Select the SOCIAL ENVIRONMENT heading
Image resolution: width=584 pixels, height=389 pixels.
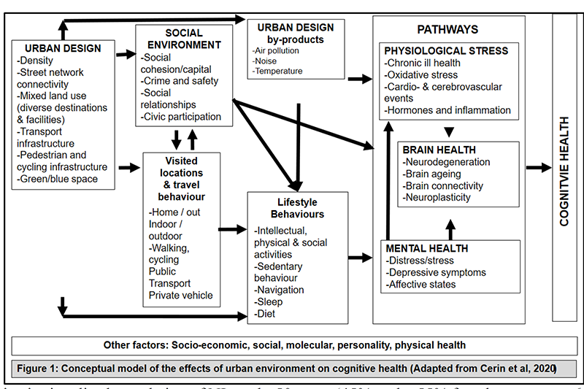183,39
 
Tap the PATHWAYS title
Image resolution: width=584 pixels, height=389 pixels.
447,29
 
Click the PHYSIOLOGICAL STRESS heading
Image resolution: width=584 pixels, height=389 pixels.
447,51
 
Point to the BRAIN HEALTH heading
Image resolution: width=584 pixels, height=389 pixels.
436,149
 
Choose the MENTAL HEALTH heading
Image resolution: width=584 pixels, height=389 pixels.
426,248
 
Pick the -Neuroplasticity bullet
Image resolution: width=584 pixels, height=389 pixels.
437,197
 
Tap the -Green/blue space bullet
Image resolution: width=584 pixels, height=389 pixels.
58,178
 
